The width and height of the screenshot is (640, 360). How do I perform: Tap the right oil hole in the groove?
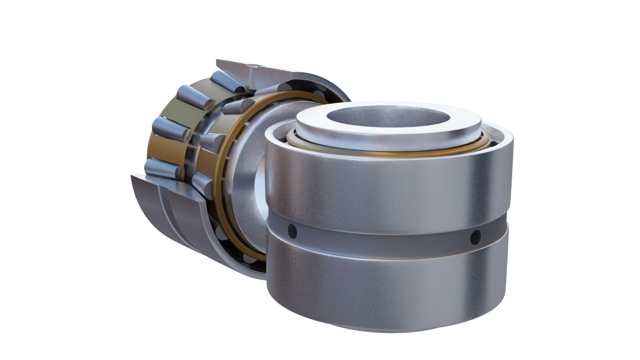pos(475,236)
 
